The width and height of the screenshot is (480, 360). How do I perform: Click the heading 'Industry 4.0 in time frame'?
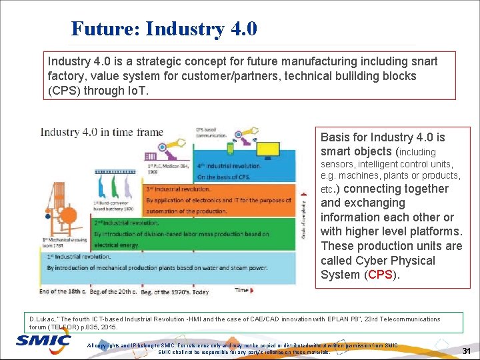point(101,131)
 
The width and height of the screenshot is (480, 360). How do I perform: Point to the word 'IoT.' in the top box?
point(116,91)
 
